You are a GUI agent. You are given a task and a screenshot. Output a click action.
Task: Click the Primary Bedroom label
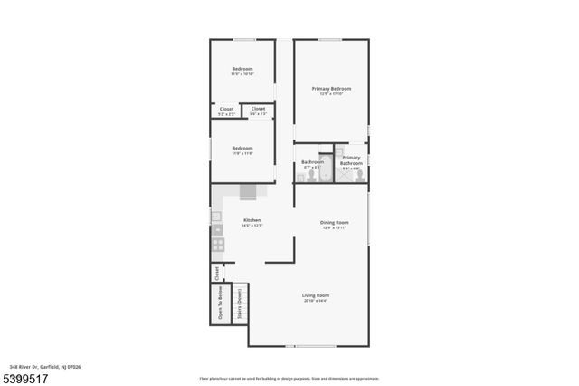(331, 88)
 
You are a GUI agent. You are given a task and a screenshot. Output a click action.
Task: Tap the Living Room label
(316, 295)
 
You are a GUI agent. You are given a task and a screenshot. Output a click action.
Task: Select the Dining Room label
(335, 222)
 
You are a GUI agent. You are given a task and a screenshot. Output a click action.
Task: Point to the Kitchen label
(252, 221)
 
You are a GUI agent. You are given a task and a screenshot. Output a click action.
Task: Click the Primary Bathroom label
(351, 159)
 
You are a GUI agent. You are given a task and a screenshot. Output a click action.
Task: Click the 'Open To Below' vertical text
(220, 304)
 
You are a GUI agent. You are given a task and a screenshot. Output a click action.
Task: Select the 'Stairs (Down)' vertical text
(240, 304)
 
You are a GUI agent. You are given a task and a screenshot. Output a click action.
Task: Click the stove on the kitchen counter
(218, 245)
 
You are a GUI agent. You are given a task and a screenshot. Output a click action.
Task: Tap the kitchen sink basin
(217, 230)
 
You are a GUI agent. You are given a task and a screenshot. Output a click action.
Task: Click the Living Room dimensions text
(316, 300)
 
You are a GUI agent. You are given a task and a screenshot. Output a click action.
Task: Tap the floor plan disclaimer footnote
(289, 377)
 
